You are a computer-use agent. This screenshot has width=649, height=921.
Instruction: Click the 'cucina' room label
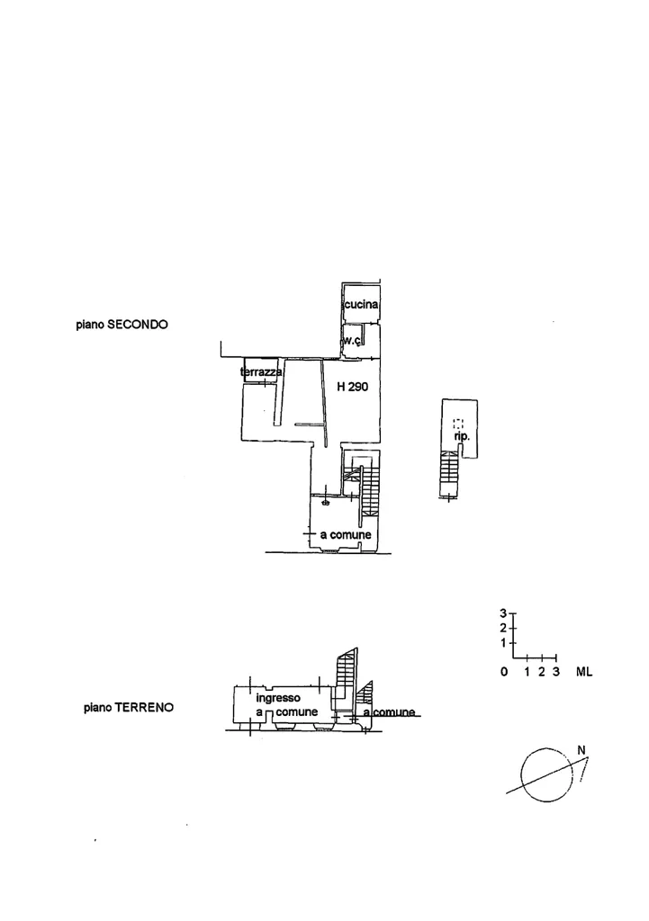coord(361,305)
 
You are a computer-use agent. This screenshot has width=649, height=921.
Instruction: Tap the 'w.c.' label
coord(352,340)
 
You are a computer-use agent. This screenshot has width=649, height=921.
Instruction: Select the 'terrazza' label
coord(262,372)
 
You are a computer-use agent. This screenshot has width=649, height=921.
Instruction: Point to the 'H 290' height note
coord(353,387)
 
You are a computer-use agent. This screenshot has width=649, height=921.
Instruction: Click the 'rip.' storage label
coord(462,437)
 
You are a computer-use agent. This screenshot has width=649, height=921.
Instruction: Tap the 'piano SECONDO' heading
coord(122,324)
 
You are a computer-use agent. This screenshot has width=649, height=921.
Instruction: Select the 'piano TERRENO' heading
coord(129,707)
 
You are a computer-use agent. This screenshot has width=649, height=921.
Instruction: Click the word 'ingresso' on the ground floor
coord(278,698)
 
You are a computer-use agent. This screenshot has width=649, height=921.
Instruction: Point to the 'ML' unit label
coord(584,672)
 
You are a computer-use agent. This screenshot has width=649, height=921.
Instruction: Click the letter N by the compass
coord(581,750)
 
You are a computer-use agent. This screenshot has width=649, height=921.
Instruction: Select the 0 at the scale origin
coord(504,672)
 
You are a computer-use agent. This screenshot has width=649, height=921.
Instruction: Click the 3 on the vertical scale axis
coord(503,613)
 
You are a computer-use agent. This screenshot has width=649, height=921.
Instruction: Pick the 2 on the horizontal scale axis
coord(542,672)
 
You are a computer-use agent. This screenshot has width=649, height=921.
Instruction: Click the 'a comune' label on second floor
coord(346,535)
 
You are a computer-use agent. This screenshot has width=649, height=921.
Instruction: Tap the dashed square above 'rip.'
coord(458,423)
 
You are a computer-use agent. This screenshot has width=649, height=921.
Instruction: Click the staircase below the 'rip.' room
coord(449,473)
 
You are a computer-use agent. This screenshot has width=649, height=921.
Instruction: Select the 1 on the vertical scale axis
coord(503,643)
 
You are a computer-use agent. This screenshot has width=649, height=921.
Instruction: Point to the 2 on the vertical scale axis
coord(503,628)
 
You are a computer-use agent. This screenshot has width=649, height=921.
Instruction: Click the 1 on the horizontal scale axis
coord(527,672)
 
